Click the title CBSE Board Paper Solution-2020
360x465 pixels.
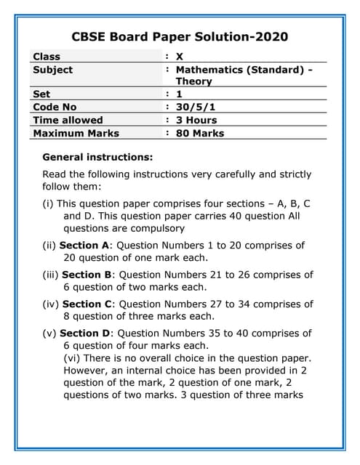pos(180,36)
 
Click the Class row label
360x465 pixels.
pos(47,57)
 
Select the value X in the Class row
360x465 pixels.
pos(180,57)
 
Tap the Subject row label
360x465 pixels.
pos(53,70)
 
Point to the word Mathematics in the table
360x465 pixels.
pos(209,70)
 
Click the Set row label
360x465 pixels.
pos(42,94)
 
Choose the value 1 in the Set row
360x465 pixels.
pos(179,94)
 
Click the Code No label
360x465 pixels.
pos(55,107)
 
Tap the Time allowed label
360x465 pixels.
pos(68,120)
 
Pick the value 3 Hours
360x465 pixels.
pos(196,120)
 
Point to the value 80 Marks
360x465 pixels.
pos(200,133)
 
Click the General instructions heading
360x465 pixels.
pos(98,157)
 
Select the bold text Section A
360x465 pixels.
pos(84,245)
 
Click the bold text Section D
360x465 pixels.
pos(85,333)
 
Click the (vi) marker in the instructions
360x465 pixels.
pos(73,357)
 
